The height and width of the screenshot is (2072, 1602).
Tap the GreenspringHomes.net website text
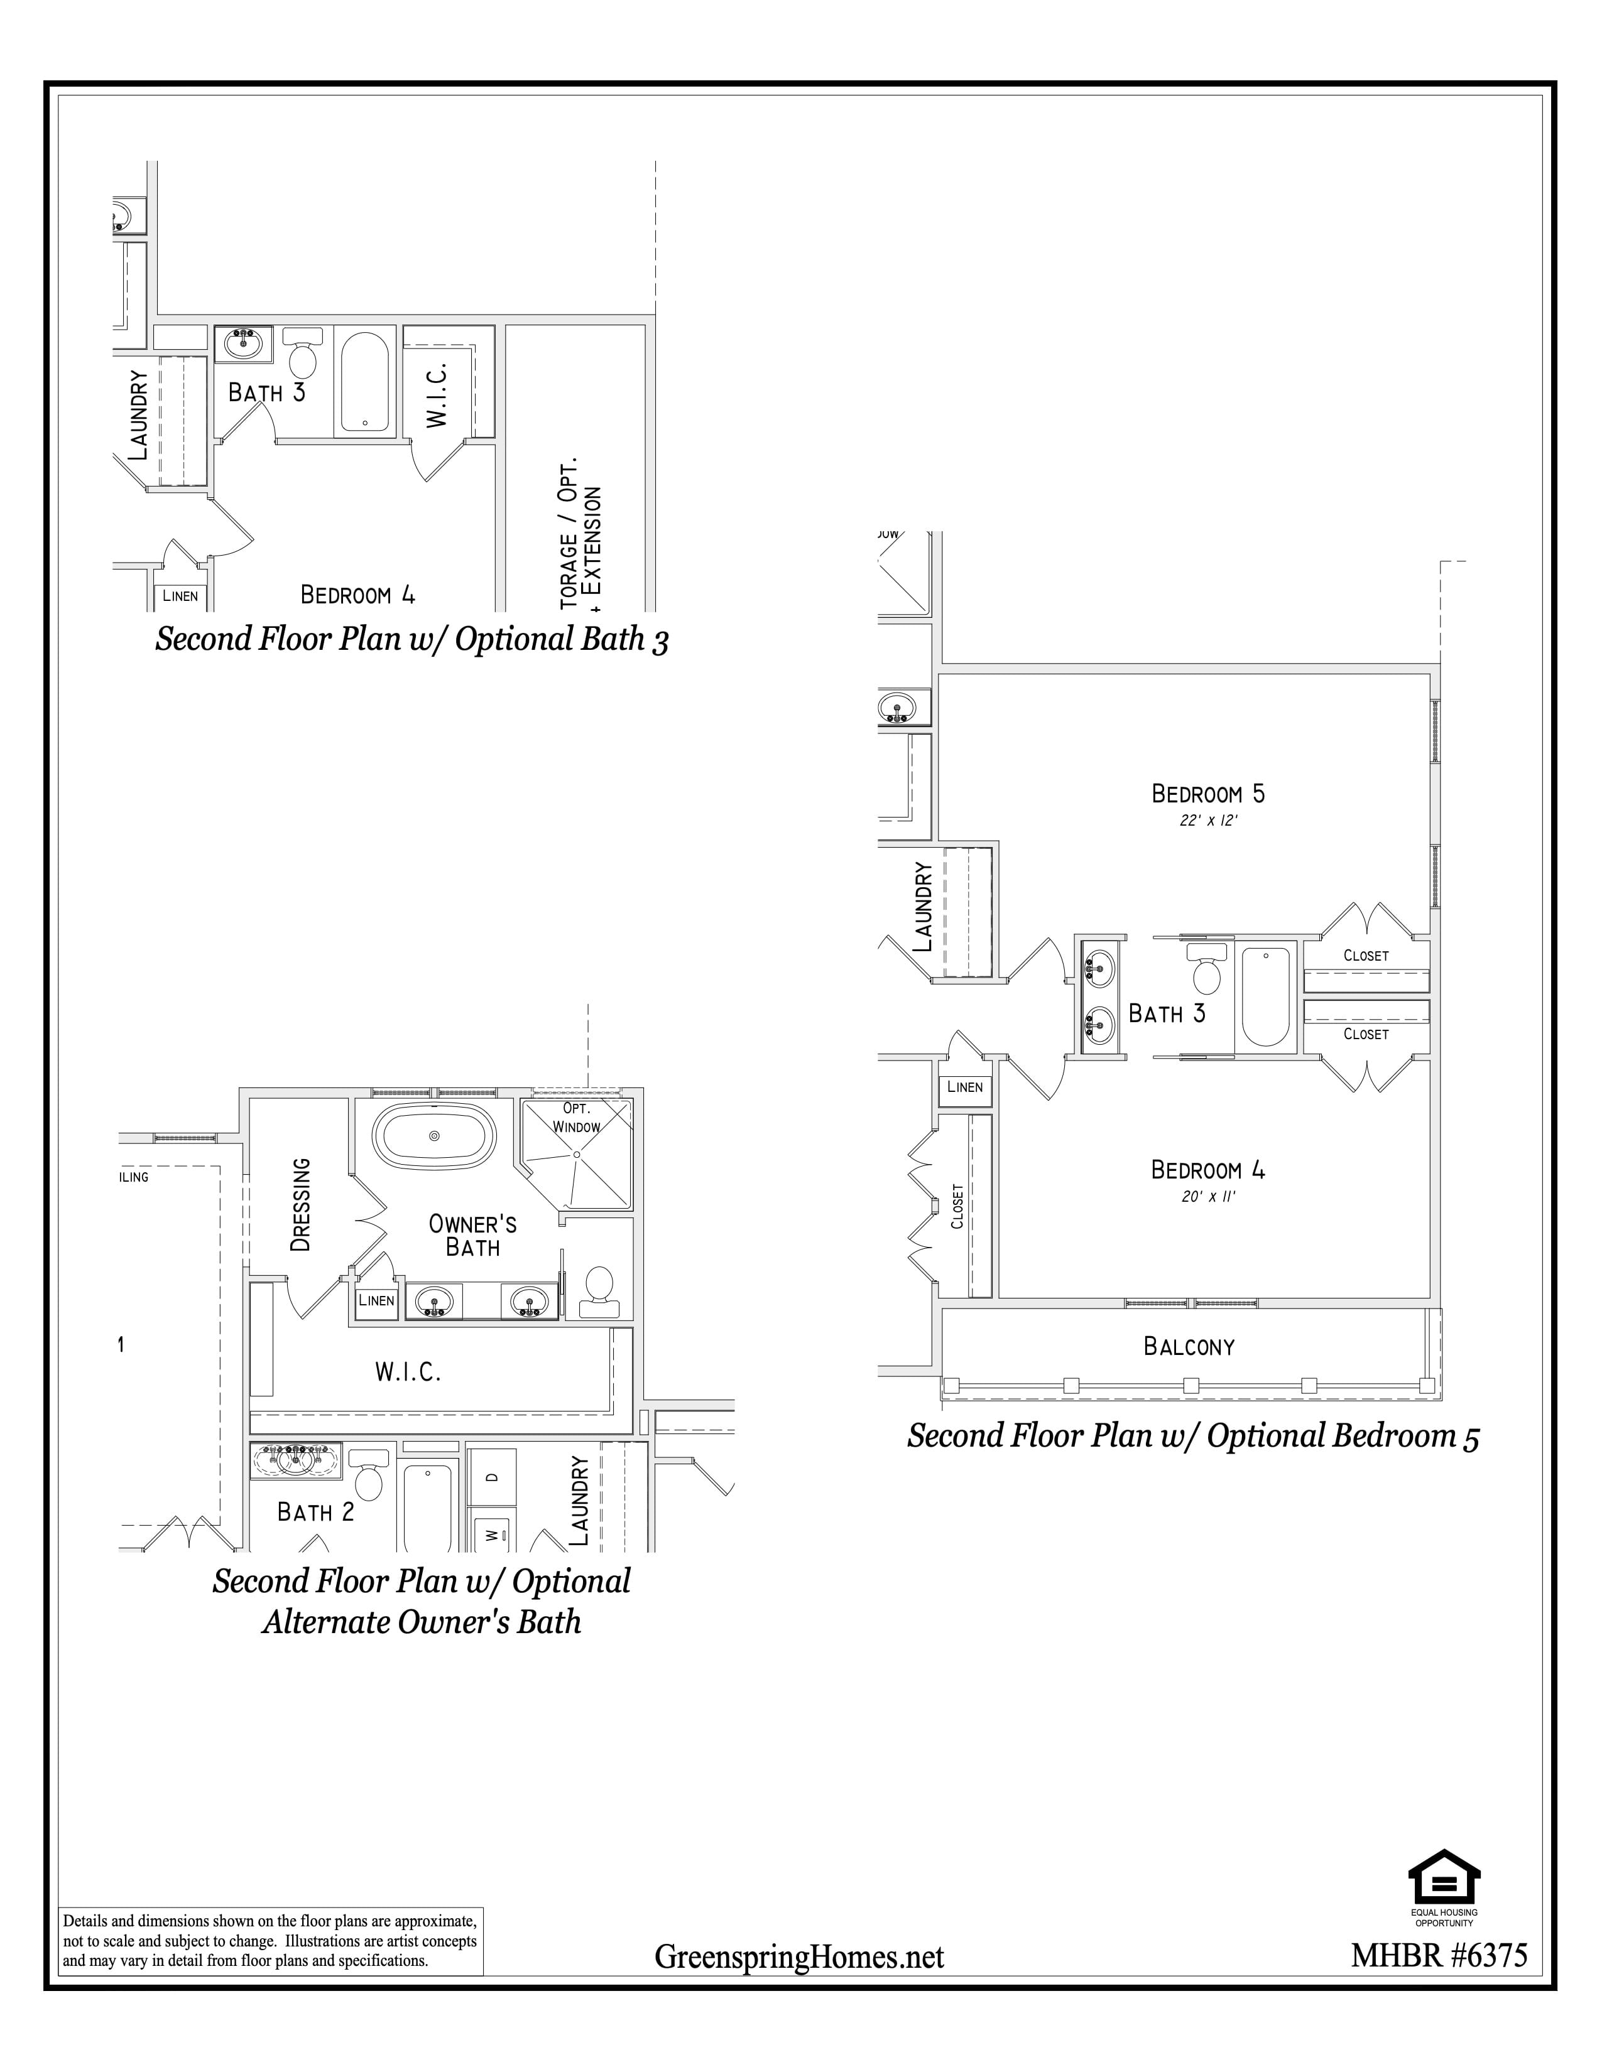tap(799, 1956)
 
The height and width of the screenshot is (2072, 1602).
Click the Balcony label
tap(1189, 1346)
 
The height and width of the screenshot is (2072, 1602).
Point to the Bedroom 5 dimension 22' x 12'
tap(1208, 821)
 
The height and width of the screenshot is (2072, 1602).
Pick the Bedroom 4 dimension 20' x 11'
tap(1208, 1197)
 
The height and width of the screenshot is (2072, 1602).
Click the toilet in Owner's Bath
tap(599, 1291)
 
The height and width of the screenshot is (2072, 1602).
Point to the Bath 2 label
tap(315, 1511)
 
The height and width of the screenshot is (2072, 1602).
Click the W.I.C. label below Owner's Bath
tap(408, 1372)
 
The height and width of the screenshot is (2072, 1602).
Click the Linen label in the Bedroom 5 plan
tap(964, 1087)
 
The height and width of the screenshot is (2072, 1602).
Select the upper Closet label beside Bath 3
tap(1366, 956)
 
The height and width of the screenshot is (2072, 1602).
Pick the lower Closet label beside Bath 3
tap(1366, 1034)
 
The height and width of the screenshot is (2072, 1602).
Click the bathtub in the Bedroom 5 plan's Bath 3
tap(1265, 996)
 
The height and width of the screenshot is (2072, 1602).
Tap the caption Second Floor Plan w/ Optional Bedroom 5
tap(1193, 1435)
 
